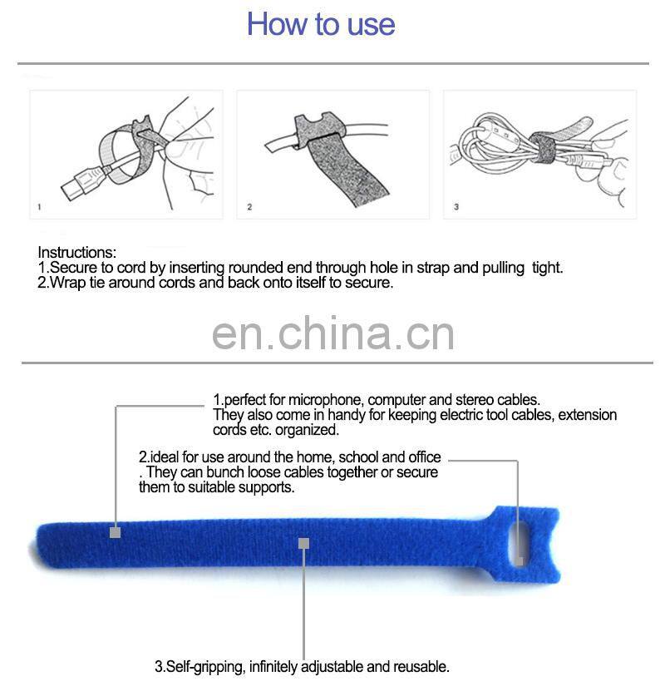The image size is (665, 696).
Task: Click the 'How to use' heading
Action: point(321,24)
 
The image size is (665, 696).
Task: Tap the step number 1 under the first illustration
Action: point(39,207)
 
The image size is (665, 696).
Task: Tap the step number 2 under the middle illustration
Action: point(249,207)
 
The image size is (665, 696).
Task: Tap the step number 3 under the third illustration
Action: point(456,207)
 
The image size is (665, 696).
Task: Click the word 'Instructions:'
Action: point(77,252)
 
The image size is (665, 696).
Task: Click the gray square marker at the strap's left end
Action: point(116,531)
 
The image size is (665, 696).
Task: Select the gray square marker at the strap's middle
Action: point(304,543)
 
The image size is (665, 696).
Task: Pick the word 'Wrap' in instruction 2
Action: point(68,282)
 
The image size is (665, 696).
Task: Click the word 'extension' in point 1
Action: point(588,415)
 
